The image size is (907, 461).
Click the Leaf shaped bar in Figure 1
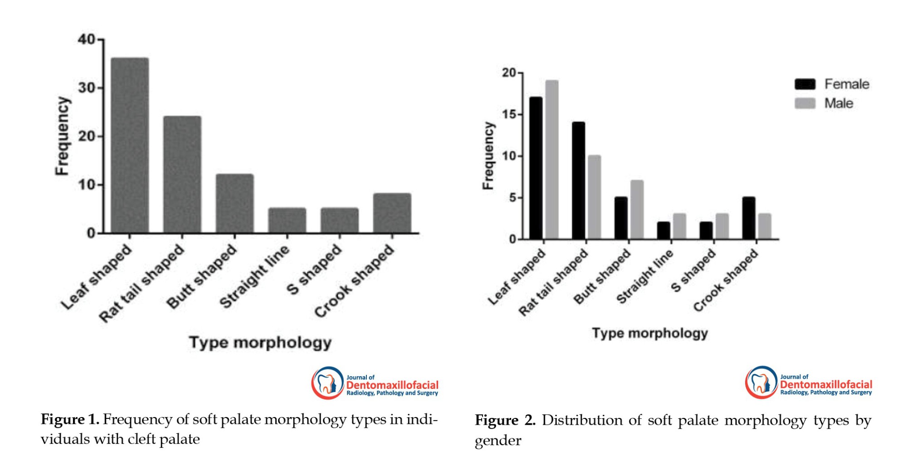click(x=130, y=145)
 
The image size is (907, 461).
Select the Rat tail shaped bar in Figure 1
click(x=182, y=175)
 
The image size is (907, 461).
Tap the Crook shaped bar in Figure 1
click(x=392, y=213)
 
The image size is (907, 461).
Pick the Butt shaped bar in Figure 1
click(x=234, y=204)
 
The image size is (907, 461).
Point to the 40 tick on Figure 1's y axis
click(x=87, y=40)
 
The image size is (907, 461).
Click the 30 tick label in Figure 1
click(x=87, y=88)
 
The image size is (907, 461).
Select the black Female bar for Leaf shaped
click(x=536, y=168)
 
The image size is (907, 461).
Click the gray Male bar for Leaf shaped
click(x=551, y=160)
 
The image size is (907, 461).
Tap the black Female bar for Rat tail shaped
click(x=578, y=180)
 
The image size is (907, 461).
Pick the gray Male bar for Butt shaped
click(x=637, y=209)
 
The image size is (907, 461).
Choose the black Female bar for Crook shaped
click(x=749, y=218)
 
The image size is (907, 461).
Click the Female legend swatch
click(x=805, y=84)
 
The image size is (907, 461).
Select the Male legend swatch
click(x=805, y=103)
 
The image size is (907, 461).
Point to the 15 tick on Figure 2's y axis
click(x=510, y=115)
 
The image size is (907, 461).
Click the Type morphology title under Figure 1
click(x=260, y=343)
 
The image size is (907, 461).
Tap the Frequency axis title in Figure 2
click(x=488, y=155)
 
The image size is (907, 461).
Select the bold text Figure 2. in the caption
click(x=505, y=420)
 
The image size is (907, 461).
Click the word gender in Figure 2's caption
click(x=498, y=441)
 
